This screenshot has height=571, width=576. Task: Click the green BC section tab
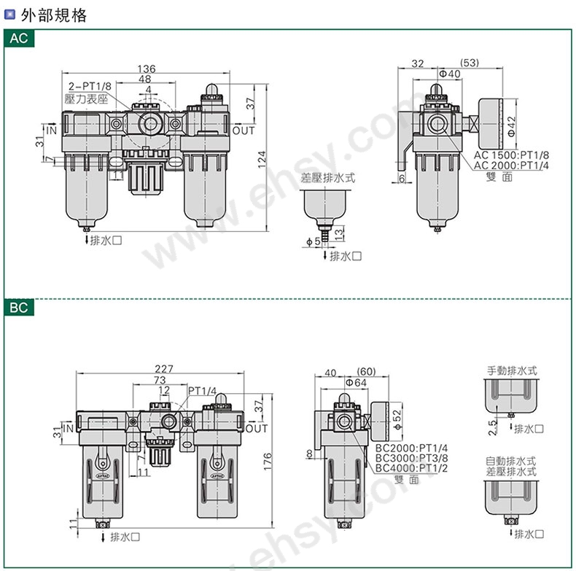point(20,308)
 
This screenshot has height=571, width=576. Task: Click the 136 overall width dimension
point(145,69)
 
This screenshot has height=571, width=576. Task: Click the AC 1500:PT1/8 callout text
point(512,155)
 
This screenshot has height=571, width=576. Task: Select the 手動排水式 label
point(512,370)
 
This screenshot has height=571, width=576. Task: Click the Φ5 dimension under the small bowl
point(310,241)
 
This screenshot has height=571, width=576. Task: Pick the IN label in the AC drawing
point(52,130)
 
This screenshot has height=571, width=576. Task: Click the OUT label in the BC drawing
point(256,428)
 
